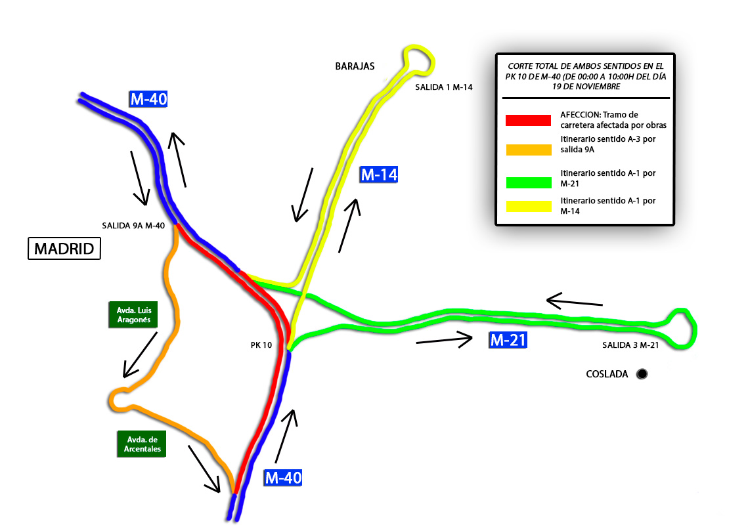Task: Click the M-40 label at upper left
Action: tap(149, 100)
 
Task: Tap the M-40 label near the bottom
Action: tap(283, 478)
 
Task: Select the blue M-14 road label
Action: tap(379, 175)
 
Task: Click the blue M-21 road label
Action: tap(508, 340)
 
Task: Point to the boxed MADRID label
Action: tap(64, 249)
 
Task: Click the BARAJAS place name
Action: tap(355, 66)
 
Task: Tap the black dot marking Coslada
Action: tap(642, 374)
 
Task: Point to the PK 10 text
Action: tap(261, 344)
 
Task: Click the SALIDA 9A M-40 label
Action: tap(133, 225)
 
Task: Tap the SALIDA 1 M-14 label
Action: tap(444, 87)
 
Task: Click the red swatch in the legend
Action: tap(528, 120)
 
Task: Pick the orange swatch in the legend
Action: tap(528, 150)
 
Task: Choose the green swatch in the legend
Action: tap(528, 182)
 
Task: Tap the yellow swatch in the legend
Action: tap(528, 206)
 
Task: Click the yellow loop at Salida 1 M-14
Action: tap(419, 60)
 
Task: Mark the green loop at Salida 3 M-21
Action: tap(681, 327)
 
